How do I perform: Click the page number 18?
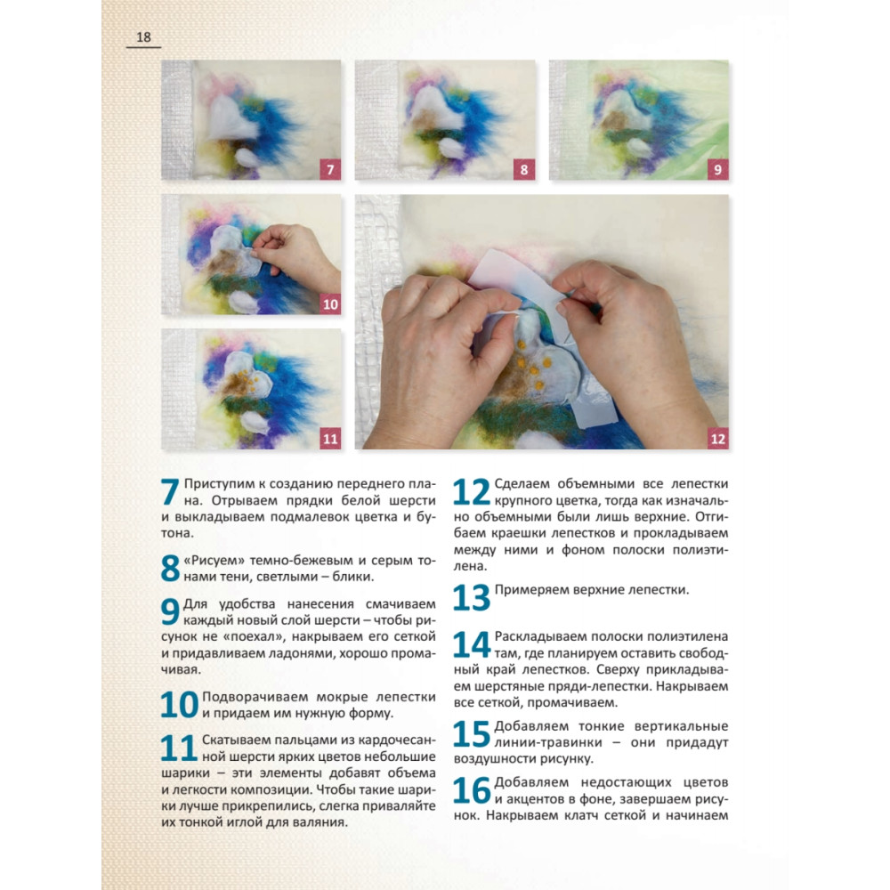tap(143, 37)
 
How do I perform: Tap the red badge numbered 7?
tap(330, 170)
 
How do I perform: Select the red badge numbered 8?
tap(524, 170)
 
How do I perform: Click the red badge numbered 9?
tap(718, 170)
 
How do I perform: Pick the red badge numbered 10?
tap(330, 304)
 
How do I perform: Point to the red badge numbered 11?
tap(330, 439)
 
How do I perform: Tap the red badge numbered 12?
tap(718, 439)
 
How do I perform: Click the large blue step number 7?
tap(170, 491)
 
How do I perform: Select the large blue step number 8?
tap(170, 568)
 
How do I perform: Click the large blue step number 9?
tap(170, 611)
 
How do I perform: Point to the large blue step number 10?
tap(180, 704)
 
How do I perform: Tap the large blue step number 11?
tap(179, 748)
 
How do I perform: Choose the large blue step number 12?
tap(472, 491)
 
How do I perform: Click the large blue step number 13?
tap(472, 597)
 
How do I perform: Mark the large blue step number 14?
tap(472, 644)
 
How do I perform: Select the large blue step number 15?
tap(472, 733)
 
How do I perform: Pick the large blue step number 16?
tap(472, 790)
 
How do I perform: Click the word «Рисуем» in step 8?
tap(214, 561)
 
